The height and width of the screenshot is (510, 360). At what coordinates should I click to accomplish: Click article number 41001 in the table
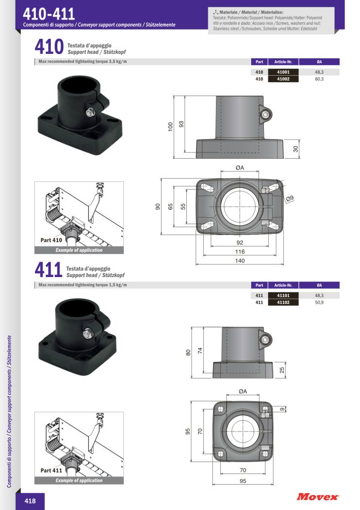tap(283, 72)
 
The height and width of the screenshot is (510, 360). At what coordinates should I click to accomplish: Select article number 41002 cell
tap(283, 79)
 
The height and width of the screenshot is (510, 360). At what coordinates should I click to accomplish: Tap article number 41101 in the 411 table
tap(283, 296)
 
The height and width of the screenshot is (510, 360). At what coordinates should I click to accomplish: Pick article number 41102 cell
tap(283, 302)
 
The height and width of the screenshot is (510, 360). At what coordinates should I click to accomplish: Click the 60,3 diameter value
tap(319, 79)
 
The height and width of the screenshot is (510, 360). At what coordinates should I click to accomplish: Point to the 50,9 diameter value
tap(319, 302)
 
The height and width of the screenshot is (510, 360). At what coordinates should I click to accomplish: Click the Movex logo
tap(317, 496)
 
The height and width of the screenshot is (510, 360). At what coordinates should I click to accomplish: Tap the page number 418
tap(30, 501)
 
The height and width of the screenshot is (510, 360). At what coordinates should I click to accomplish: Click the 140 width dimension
tap(240, 261)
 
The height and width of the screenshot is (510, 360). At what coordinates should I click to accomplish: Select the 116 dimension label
tap(240, 251)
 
